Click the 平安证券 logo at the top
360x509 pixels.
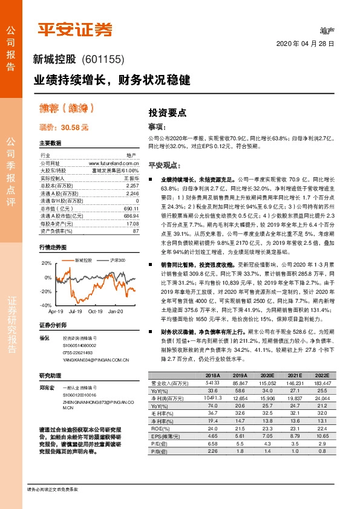76,28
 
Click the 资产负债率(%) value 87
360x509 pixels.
136,232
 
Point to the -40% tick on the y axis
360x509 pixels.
45,305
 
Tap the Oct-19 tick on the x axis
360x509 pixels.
96,311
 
